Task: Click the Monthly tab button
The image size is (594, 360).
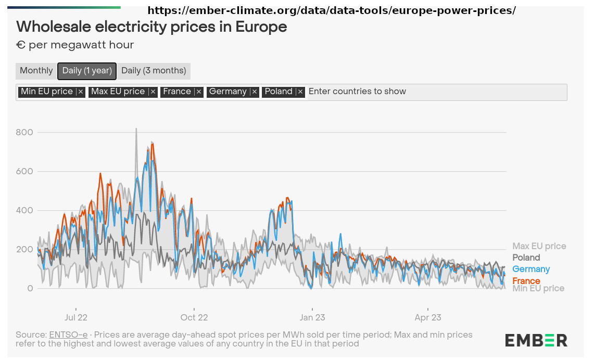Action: click(x=36, y=71)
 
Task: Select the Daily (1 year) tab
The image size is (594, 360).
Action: click(x=87, y=71)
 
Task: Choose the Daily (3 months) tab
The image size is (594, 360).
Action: click(x=154, y=71)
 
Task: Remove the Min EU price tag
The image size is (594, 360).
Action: click(x=80, y=92)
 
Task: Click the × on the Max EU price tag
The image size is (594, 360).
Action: click(x=153, y=92)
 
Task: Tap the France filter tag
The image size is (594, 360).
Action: click(x=177, y=92)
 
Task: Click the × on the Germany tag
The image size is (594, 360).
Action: click(x=255, y=92)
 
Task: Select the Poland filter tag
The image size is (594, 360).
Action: click(x=279, y=92)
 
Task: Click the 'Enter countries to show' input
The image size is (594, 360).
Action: click(x=435, y=92)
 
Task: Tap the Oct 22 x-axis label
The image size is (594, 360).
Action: click(x=194, y=317)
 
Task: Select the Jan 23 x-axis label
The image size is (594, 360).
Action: click(x=312, y=317)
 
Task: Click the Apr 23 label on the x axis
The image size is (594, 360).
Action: click(x=428, y=317)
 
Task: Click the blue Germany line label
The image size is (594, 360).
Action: click(x=531, y=269)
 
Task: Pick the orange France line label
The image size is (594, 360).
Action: click(x=526, y=281)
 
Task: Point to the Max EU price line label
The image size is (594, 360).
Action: click(x=539, y=246)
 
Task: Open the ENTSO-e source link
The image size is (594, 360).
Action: click(x=68, y=335)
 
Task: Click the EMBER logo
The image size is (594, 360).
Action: click(x=536, y=340)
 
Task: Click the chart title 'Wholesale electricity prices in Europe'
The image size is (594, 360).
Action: click(x=151, y=27)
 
